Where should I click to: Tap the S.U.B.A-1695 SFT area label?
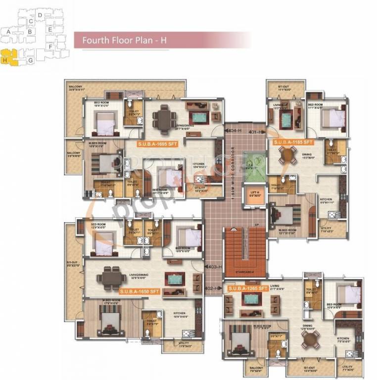[159, 144]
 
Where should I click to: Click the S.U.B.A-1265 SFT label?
[247, 287]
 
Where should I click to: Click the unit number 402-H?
[212, 288]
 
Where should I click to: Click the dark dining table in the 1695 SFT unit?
[161, 117]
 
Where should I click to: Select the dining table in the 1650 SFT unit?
[111, 276]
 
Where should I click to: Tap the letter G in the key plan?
[31, 60]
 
